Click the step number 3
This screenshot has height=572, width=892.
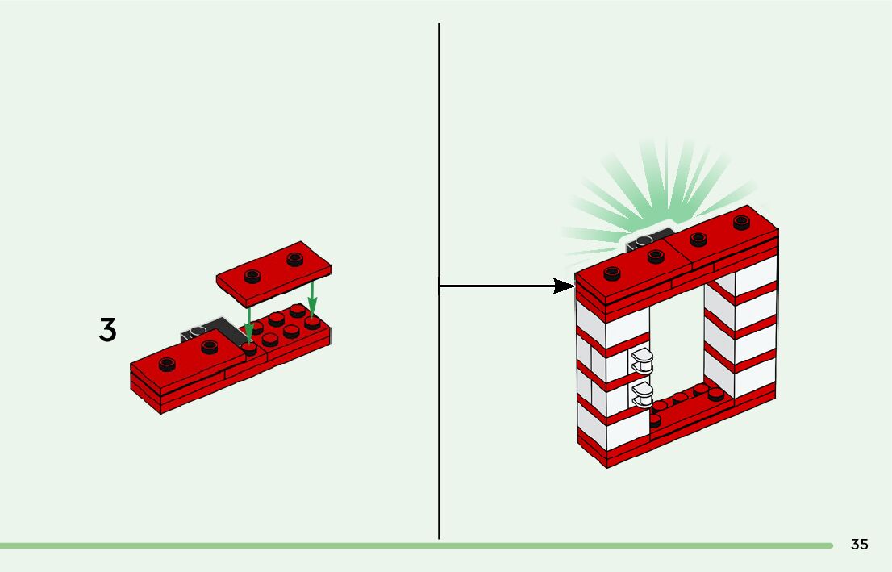107,330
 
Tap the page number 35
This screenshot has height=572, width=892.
859,545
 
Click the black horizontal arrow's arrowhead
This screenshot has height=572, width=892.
564,286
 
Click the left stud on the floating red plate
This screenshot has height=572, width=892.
252,273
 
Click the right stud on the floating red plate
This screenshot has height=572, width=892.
294,259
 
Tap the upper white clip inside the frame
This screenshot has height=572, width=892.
643,360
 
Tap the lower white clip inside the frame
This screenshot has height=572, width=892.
643,395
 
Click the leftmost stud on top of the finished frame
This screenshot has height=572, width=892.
612,273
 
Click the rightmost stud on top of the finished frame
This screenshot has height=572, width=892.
742,222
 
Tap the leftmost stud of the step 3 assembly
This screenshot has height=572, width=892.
167,363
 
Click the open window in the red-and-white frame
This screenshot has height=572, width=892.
677,339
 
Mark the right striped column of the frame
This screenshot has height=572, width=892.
742,331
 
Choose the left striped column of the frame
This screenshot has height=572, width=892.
605,379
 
